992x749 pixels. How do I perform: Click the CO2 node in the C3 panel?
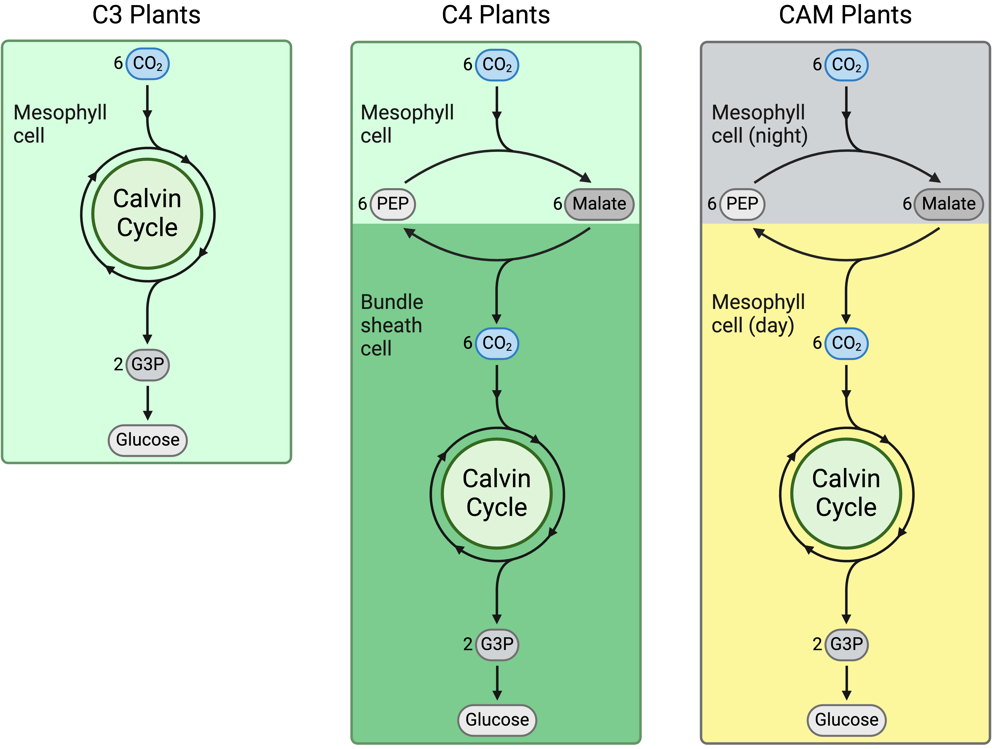[x=148, y=64]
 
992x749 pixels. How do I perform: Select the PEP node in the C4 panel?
[x=393, y=204]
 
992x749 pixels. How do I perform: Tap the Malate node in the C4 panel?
[x=599, y=204]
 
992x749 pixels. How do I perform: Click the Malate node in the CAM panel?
[x=948, y=204]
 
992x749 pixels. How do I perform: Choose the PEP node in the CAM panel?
[x=742, y=204]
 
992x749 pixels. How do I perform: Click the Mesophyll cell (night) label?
[x=759, y=124]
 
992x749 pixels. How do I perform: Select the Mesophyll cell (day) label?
[x=758, y=314]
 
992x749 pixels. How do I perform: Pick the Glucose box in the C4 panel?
[x=497, y=720]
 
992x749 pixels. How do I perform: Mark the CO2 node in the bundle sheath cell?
[x=497, y=344]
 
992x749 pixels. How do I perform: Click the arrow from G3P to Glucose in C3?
[x=148, y=403]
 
